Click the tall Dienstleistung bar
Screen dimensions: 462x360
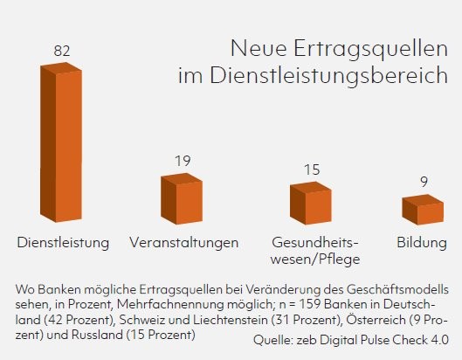click(61, 142)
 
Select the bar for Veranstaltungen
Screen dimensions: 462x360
click(182, 198)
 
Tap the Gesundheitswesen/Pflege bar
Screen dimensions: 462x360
click(311, 203)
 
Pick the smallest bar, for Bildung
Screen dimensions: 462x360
click(423, 210)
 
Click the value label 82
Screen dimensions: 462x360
click(62, 51)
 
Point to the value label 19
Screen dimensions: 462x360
click(183, 161)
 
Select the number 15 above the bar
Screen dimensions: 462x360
click(312, 170)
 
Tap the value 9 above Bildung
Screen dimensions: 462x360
click(424, 182)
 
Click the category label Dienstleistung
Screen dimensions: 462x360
click(63, 243)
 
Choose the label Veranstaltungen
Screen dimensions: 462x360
click(184, 243)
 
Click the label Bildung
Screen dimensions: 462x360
click(422, 243)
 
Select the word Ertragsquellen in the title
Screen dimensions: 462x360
click(370, 49)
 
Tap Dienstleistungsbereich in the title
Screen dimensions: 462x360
click(329, 76)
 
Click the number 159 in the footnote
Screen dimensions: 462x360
click(309, 304)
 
